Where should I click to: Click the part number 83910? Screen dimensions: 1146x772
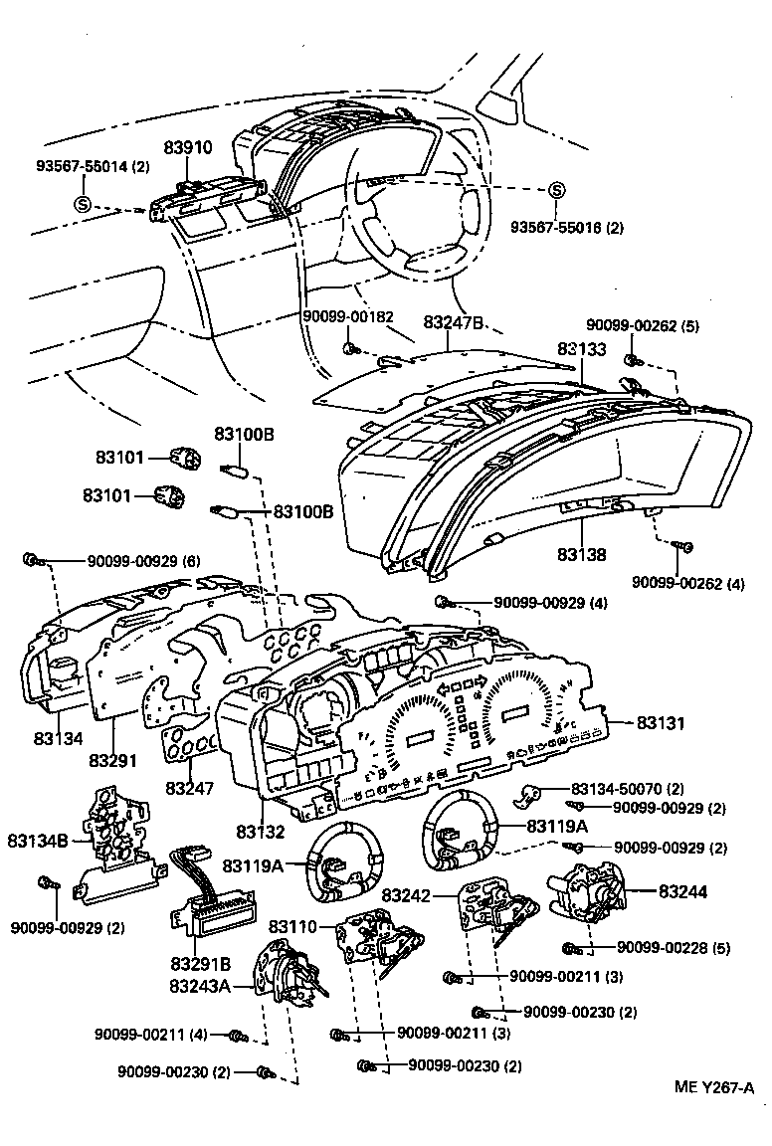tap(188, 148)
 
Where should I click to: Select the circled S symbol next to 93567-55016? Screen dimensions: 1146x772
tap(556, 191)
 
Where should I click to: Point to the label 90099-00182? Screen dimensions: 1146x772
tap(348, 315)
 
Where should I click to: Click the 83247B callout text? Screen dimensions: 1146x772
tap(454, 322)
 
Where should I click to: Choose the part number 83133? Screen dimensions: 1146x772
tap(582, 349)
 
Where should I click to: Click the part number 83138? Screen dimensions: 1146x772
tap(582, 555)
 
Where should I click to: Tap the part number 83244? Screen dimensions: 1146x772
tap(682, 892)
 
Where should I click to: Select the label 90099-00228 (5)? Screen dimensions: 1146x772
tap(673, 948)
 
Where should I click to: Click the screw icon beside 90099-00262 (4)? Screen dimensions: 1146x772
tap(684, 546)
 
